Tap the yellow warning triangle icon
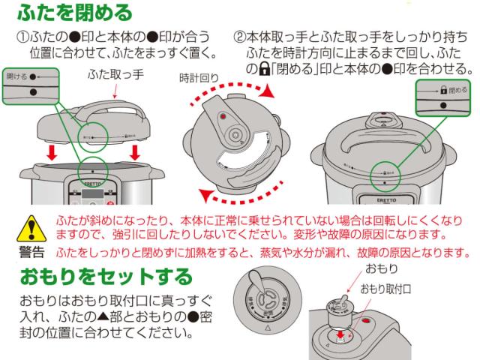point(31,225)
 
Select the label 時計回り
point(201,78)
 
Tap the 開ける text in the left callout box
point(16,76)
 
